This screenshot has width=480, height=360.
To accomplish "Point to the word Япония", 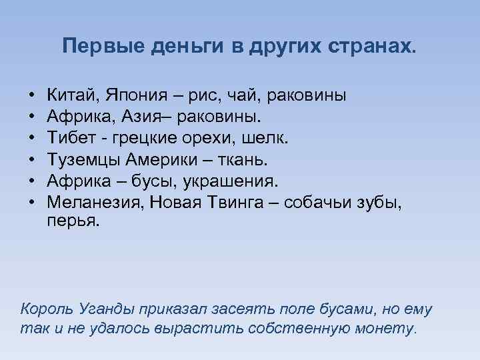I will [131, 96].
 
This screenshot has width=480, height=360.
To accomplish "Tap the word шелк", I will [271, 139].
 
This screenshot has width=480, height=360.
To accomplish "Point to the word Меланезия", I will [89, 203].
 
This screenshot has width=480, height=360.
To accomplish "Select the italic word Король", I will [45, 309].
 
